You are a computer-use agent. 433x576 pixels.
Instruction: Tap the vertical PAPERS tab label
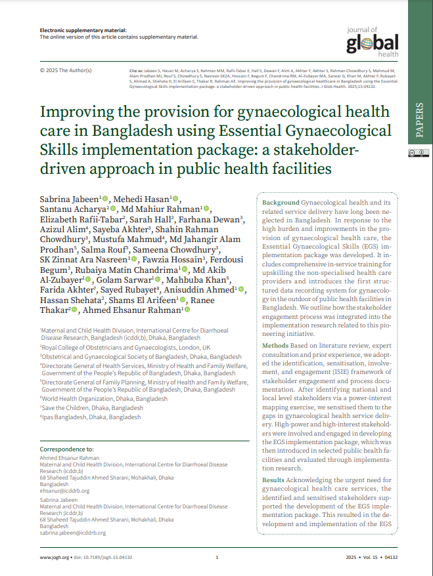pyautogui.click(x=420, y=120)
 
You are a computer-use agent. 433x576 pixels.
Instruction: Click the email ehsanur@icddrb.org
pyautogui.click(x=64, y=490)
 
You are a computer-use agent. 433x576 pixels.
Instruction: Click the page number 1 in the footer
pyautogui.click(x=217, y=557)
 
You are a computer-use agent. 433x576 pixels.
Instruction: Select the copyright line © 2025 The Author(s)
pyautogui.click(x=66, y=70)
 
